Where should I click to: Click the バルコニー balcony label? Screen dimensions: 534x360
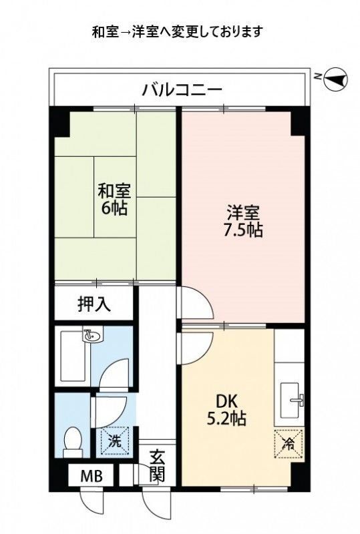(x=181, y=88)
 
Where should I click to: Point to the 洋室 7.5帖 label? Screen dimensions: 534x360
(x=242, y=223)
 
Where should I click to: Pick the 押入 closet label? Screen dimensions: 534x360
(x=95, y=304)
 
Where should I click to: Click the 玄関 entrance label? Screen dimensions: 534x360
(x=157, y=466)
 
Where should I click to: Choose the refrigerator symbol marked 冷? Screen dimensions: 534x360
(x=289, y=442)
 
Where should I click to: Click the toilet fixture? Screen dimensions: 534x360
(x=71, y=440)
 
